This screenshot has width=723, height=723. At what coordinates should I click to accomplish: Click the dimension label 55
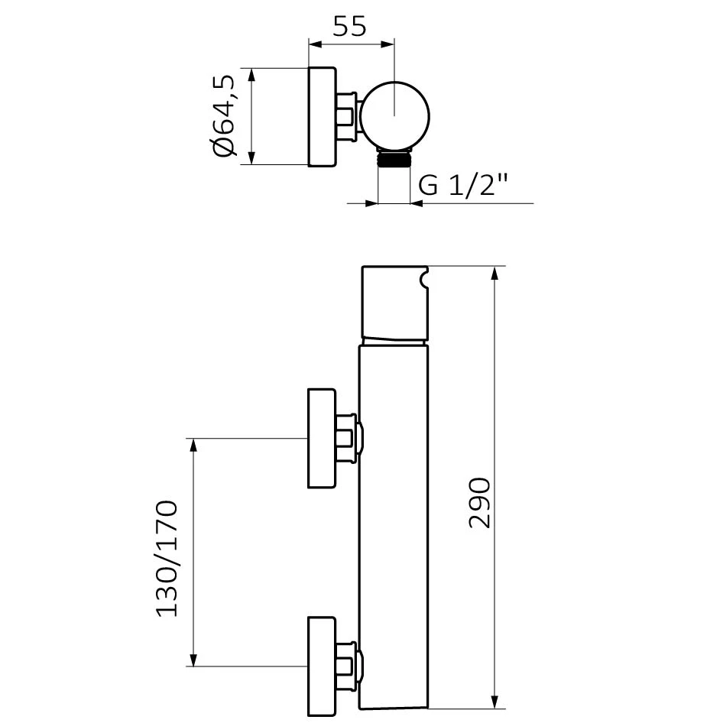[349, 26]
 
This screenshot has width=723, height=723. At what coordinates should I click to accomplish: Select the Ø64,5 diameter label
[225, 115]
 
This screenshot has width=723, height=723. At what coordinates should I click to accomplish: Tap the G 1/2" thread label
[463, 185]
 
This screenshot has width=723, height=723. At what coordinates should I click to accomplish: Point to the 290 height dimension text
[479, 503]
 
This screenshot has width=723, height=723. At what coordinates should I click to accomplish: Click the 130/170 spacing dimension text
[167, 559]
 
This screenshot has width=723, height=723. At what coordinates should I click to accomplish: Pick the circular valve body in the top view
[394, 116]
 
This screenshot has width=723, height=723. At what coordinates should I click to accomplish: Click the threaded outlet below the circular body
[394, 159]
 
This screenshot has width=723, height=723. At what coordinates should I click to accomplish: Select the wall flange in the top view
[322, 117]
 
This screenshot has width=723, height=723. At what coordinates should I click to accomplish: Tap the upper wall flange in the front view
[322, 438]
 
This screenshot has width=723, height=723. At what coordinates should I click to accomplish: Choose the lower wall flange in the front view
[322, 666]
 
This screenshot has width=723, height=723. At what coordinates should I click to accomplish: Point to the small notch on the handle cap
[423, 280]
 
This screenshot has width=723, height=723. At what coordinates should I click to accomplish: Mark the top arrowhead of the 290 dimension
[494, 273]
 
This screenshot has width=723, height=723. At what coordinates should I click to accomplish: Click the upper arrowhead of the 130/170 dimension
[193, 445]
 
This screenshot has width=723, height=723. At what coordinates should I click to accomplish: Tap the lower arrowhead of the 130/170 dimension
[193, 660]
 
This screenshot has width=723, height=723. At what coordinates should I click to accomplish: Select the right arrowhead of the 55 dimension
[387, 44]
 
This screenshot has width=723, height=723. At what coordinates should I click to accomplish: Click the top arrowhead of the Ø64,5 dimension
[251, 75]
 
